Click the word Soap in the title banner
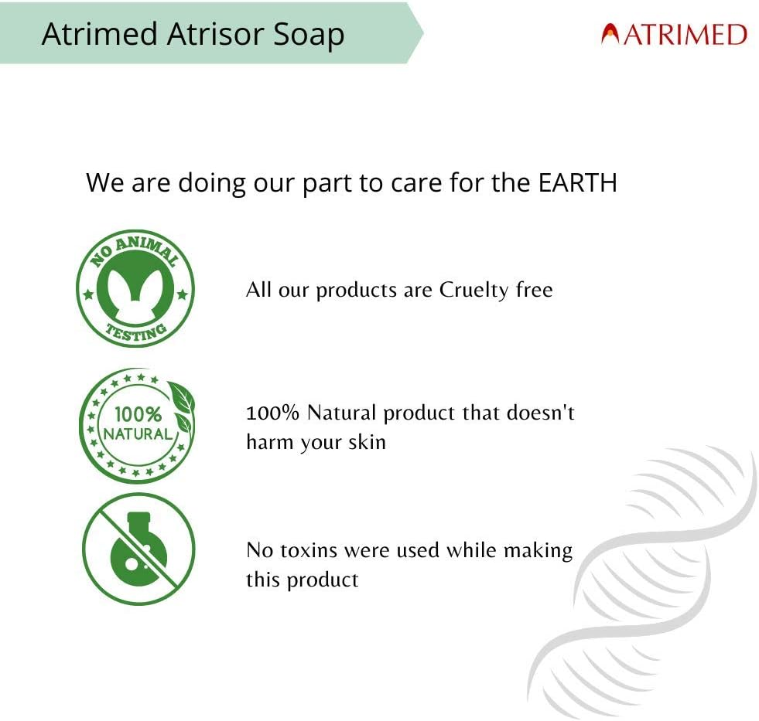[306, 35]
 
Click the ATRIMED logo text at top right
[685, 35]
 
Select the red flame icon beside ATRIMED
[610, 35]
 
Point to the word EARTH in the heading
[576, 183]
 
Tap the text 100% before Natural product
[272, 413]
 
